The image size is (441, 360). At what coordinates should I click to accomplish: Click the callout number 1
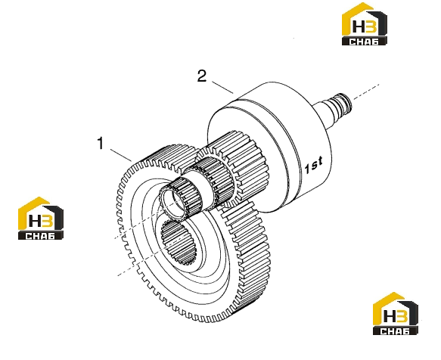pyautogui.click(x=101, y=143)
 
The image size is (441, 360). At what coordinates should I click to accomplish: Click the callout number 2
pyautogui.click(x=202, y=76)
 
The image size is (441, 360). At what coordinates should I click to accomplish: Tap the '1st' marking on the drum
pyautogui.click(x=314, y=165)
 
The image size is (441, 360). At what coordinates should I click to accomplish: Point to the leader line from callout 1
pyautogui.click(x=121, y=155)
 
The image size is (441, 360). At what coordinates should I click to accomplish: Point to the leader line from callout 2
pyautogui.click(x=222, y=87)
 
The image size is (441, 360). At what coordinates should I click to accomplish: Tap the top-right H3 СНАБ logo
pyautogui.click(x=364, y=23)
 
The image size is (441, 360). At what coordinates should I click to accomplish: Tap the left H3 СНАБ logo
pyautogui.click(x=41, y=219)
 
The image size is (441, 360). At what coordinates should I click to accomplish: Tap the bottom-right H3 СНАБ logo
pyautogui.click(x=395, y=314)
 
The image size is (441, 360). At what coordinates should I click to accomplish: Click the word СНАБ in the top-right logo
pyautogui.click(x=364, y=42)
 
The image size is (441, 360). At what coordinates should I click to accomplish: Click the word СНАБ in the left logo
pyautogui.click(x=41, y=236)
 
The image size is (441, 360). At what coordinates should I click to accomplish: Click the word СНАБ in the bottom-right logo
pyautogui.click(x=395, y=331)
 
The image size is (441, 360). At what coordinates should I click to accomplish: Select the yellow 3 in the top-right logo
pyautogui.click(x=371, y=27)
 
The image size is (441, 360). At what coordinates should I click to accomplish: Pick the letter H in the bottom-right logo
pyautogui.click(x=390, y=316)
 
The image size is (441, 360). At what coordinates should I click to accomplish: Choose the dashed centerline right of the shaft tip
pyautogui.click(x=366, y=92)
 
